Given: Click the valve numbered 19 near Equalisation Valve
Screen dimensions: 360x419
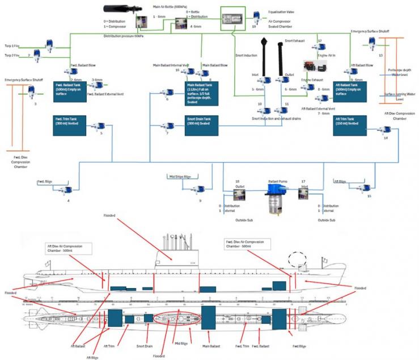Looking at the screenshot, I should coord(256,15).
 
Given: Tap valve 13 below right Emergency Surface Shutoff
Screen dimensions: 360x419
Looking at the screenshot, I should coord(372,43).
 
